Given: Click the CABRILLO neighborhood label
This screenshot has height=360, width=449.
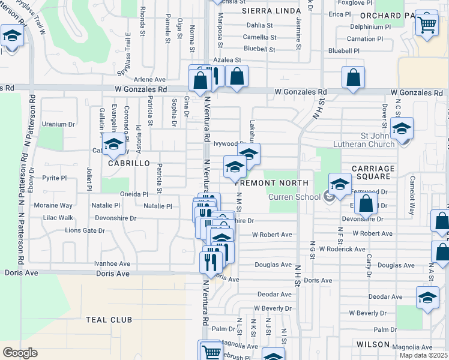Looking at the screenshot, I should [x=124, y=163].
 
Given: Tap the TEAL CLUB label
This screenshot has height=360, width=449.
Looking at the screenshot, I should [x=109, y=320].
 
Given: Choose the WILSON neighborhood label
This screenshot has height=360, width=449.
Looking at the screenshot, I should [x=373, y=344].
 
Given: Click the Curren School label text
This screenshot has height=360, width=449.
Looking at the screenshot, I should [x=294, y=196].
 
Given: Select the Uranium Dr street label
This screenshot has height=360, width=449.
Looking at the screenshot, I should [x=59, y=124].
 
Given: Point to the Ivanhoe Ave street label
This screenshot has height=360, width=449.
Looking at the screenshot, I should [x=112, y=263].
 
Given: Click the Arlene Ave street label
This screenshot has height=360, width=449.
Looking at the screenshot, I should [x=150, y=79].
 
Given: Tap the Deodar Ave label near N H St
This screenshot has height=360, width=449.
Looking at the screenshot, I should [x=274, y=295].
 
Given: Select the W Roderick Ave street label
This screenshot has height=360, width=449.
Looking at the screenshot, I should [x=342, y=248].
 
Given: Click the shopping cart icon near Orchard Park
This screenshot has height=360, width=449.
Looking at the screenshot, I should [x=427, y=24].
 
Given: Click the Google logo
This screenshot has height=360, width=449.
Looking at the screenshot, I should [x=20, y=352].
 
